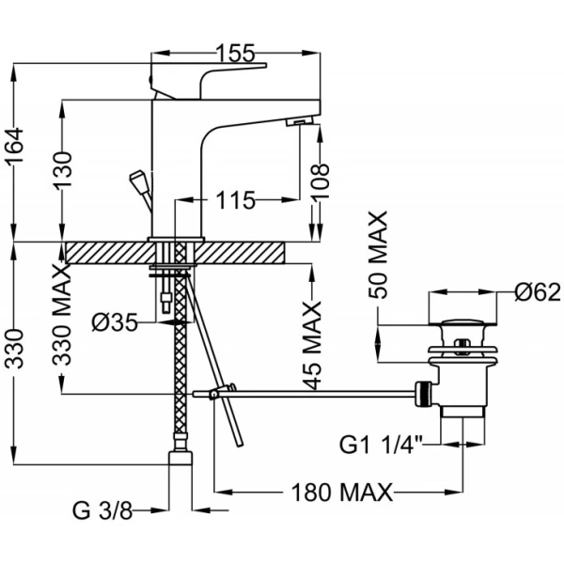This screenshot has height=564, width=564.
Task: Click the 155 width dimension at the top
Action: click(x=236, y=54)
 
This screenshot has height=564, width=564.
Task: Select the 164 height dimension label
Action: click(x=15, y=145)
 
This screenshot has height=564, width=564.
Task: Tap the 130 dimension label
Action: click(x=63, y=170)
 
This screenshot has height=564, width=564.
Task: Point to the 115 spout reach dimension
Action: click(x=236, y=200)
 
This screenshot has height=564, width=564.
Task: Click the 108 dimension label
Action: click(x=320, y=181)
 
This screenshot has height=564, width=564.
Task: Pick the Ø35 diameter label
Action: click(x=115, y=321)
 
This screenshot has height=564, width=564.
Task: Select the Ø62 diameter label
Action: click(x=538, y=291)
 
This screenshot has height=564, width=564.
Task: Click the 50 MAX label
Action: click(x=378, y=255)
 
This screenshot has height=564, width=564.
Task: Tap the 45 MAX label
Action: click(x=311, y=346)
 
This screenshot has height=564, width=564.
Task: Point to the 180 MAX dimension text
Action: click(x=342, y=492)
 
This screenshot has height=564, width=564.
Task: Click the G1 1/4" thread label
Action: click(x=381, y=445)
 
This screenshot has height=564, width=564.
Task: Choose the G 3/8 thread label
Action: click(x=102, y=510)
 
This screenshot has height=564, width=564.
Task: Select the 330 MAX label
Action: click(x=63, y=314)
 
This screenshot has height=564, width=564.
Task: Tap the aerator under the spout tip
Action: click(x=300, y=121)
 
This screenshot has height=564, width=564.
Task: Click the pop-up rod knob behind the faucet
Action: click(x=138, y=180)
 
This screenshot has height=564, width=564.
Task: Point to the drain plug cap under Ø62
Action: click(x=462, y=322)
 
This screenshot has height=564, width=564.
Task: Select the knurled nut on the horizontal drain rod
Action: click(x=424, y=394)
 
